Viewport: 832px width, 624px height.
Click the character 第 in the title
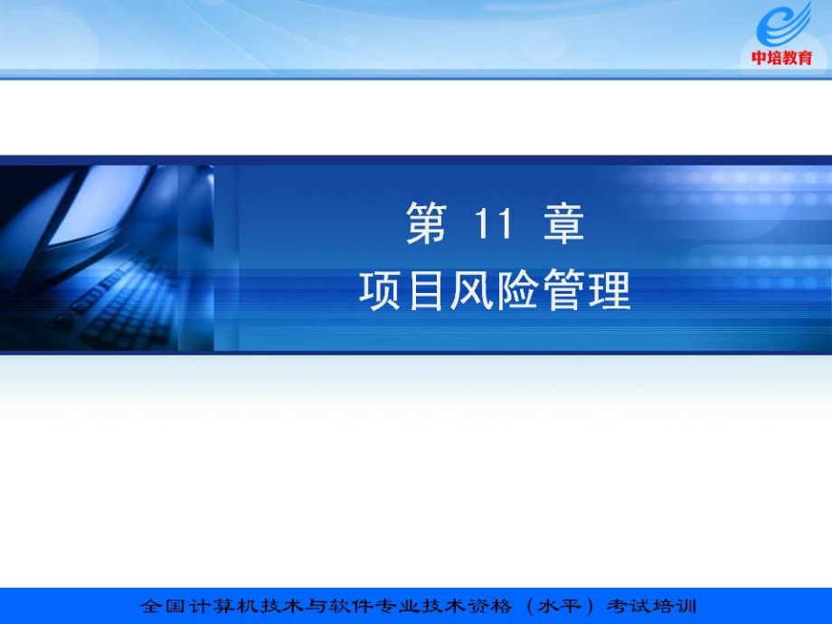pyautogui.click(x=427, y=224)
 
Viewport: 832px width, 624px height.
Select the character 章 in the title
pyautogui.click(x=563, y=224)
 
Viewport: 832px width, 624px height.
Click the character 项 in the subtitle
pyautogui.click(x=380, y=291)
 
